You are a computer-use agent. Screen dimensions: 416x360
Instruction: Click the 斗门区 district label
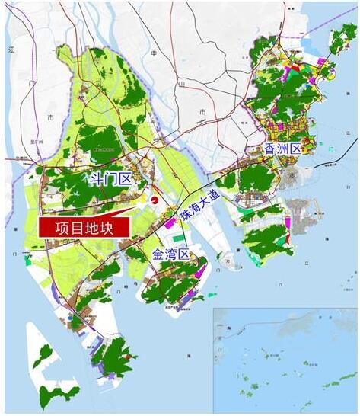pyautogui.click(x=111, y=180)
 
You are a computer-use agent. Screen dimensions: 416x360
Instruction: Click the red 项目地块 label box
pyautogui.click(x=84, y=227)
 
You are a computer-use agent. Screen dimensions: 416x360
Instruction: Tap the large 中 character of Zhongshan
pyautogui.click(x=153, y=54)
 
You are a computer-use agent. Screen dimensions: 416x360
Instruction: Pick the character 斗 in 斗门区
pyautogui.click(x=97, y=180)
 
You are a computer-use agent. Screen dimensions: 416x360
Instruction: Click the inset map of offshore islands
pyautogui.click(x=285, y=358)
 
